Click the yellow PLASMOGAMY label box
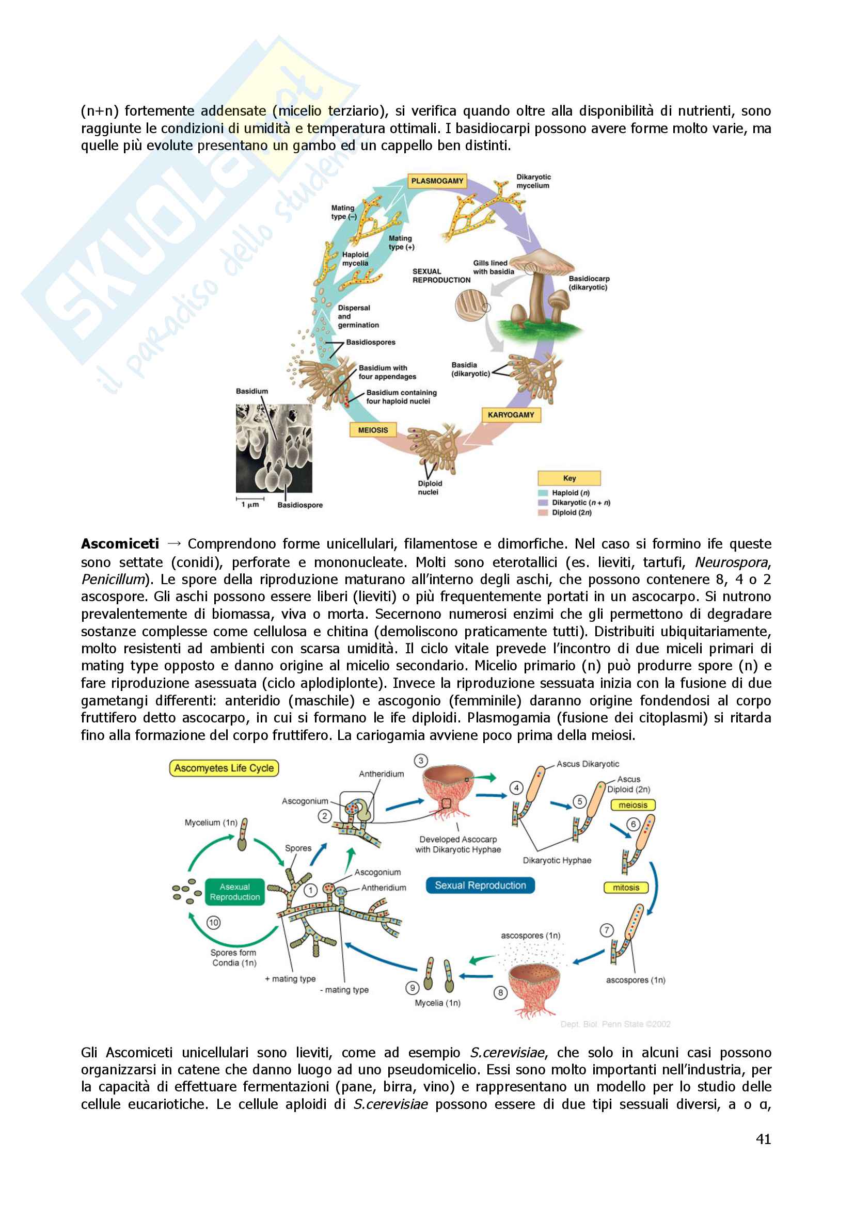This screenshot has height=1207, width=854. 437,181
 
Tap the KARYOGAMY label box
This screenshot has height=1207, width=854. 511,415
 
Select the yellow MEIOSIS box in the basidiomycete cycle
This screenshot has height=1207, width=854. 373,430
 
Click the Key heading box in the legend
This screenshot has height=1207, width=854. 569,478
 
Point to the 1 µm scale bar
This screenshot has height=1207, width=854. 250,499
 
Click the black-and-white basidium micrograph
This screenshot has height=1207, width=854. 274,448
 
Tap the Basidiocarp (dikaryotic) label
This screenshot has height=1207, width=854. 589,283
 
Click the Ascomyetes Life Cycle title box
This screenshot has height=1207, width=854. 224,768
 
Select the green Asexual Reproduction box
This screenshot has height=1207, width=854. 234,892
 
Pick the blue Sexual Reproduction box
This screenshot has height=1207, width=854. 480,886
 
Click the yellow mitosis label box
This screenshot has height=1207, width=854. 626,888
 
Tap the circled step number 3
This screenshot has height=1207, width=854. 421,761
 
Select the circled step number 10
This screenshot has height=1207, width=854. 214,923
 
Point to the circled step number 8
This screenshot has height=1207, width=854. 500,992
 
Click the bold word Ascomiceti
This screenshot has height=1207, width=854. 120,543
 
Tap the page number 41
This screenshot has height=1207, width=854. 763,1139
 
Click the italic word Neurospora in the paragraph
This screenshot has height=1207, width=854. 732,562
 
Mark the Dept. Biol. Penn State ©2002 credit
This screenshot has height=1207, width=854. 615,1024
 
